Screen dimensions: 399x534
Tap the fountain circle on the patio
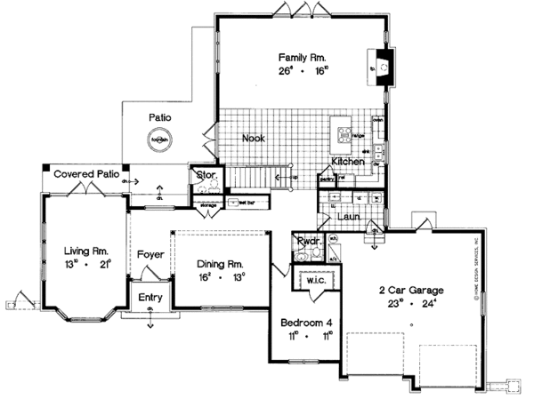tap(160, 138)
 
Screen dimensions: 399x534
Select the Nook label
tap(253, 139)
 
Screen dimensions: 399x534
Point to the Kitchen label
tap(349, 163)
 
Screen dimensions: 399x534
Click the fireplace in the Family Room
tap(381, 68)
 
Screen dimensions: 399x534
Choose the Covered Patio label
tap(86, 175)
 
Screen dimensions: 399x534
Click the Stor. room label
tap(202, 174)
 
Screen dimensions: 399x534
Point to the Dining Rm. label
tap(222, 264)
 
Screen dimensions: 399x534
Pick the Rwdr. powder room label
tap(308, 241)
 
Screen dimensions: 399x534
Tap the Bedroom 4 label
tap(304, 323)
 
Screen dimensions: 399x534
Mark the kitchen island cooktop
tap(344, 135)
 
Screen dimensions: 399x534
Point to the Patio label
tap(160, 116)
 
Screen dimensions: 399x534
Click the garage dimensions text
tap(410, 304)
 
